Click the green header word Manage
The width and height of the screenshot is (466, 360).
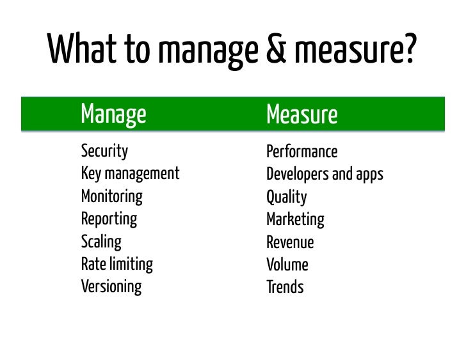[x=113, y=115]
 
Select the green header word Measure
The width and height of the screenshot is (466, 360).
[x=301, y=116]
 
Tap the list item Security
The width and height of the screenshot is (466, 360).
[x=104, y=152]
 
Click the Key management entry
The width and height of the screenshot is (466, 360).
[x=130, y=174]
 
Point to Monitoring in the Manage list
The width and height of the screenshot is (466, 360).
[x=111, y=196]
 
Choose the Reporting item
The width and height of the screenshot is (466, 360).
[x=109, y=219]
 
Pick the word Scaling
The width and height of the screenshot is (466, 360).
[x=101, y=242]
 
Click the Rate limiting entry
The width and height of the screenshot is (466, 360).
[x=116, y=264]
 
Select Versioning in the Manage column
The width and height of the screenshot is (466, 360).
[x=111, y=286]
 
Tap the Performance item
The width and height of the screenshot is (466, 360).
[x=301, y=152]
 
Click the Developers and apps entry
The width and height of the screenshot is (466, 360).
[x=325, y=175]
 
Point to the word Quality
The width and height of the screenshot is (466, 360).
[x=286, y=198]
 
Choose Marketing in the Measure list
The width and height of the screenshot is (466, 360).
[x=295, y=220]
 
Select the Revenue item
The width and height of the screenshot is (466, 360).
[x=290, y=242]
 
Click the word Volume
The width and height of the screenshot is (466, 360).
[x=287, y=265]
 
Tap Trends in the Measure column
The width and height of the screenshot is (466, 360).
[x=285, y=287]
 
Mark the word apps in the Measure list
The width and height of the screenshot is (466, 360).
[x=368, y=175]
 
